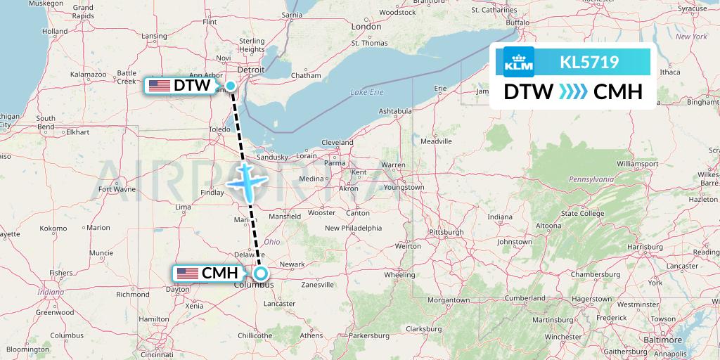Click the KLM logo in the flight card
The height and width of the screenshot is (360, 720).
click(519, 62)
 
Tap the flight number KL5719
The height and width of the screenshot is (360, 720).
click(589, 63)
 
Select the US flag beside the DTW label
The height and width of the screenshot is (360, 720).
click(160, 86)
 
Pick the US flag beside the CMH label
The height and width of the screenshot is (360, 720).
click(188, 274)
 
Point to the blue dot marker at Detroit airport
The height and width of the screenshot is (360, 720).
click(231, 86)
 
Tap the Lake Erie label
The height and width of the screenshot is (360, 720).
click(367, 92)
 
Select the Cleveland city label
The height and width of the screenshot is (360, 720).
click(337, 142)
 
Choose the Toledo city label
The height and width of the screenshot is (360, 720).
click(221, 130)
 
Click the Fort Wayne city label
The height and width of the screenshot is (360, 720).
click(117, 188)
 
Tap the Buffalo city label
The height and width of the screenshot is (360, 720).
click(517, 22)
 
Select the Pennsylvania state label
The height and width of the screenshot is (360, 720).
click(591, 179)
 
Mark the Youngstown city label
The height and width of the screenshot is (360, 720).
click(404, 187)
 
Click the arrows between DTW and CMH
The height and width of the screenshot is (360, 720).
click(574, 92)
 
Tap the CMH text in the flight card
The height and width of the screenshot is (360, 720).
click(618, 92)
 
